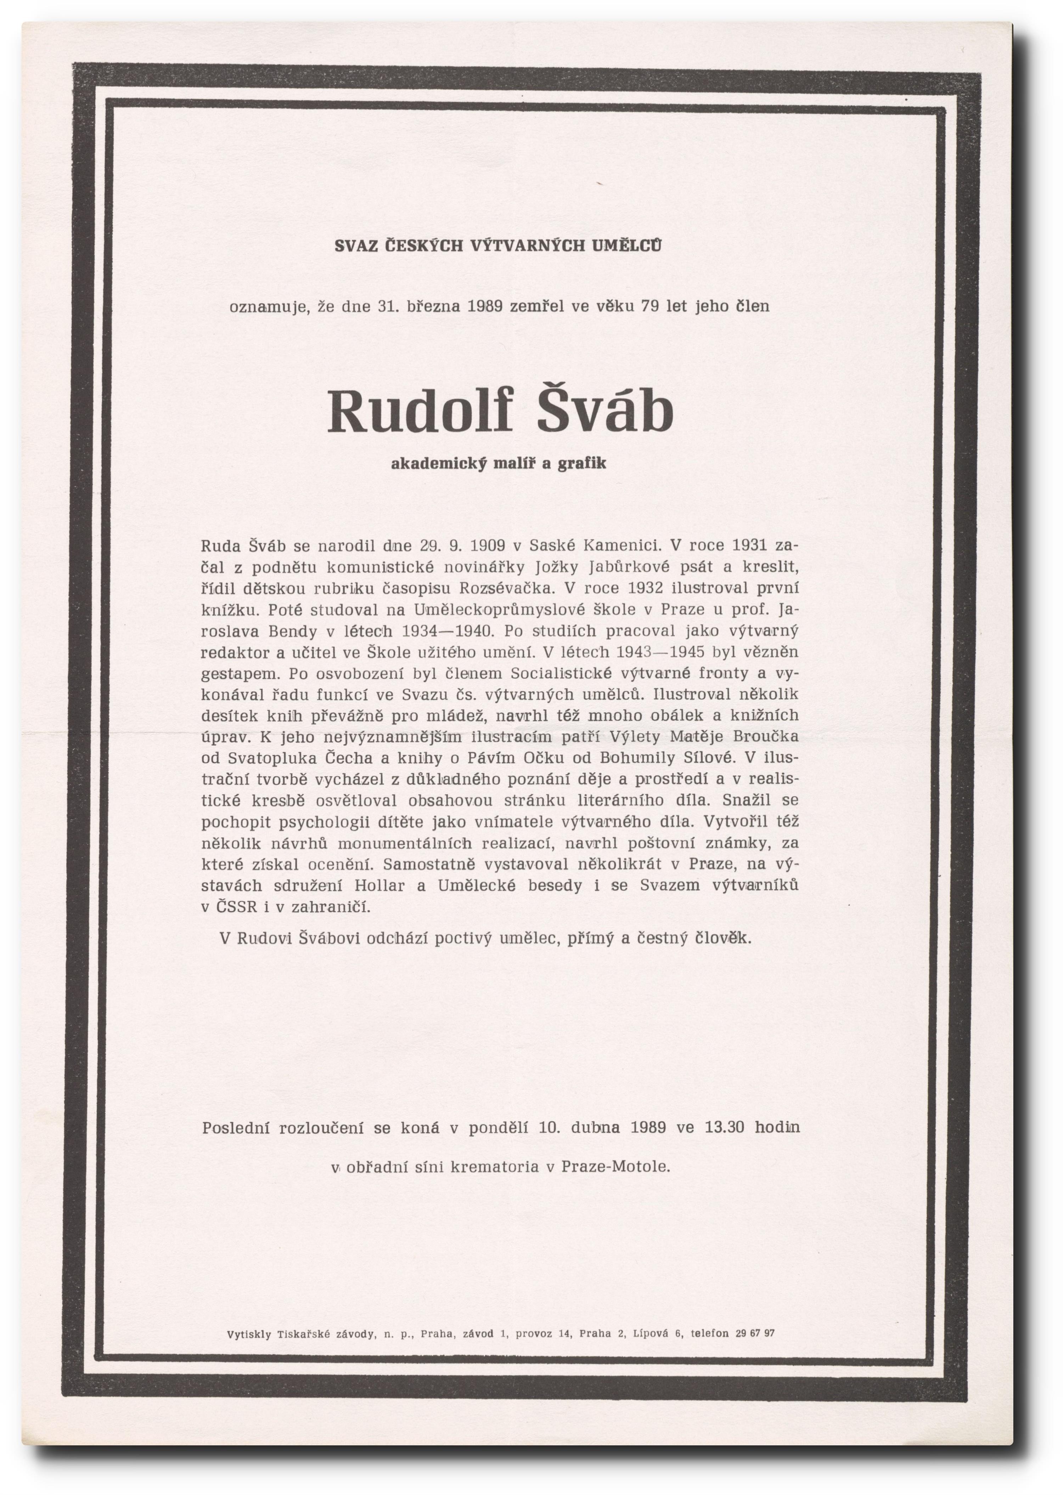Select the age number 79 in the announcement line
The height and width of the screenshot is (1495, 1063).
point(650,306)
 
